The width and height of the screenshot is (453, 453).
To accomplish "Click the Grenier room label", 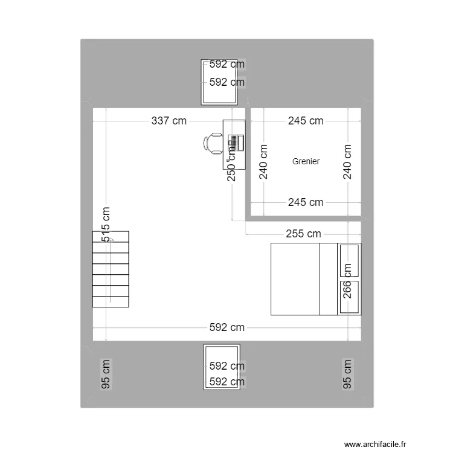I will [x=306, y=161].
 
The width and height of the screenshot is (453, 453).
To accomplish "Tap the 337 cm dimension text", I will [x=169, y=121].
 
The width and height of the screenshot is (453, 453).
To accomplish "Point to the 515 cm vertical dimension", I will [x=106, y=225].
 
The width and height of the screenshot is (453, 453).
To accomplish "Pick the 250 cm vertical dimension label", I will [x=231, y=163].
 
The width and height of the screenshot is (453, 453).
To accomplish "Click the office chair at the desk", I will [x=213, y=144].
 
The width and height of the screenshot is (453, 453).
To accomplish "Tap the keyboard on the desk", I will [x=232, y=144].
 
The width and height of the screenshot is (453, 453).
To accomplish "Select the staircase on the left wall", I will [x=111, y=269].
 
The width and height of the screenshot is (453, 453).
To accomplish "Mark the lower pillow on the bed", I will [x=349, y=297].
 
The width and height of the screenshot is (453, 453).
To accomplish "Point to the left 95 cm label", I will [x=106, y=374].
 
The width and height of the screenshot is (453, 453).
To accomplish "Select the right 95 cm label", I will [x=347, y=374].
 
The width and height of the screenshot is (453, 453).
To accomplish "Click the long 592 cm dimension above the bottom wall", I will [x=227, y=327].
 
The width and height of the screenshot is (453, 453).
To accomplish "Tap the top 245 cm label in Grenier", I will [x=305, y=121].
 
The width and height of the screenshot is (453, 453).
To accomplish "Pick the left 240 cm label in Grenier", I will [x=263, y=162].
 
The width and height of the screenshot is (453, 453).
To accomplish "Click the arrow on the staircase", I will [x=111, y=240].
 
